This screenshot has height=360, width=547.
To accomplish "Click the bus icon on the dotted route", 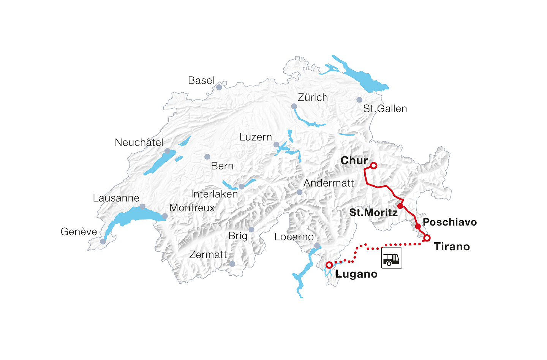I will [x=392, y=258].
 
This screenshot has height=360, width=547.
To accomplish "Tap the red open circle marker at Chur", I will [x=373, y=166].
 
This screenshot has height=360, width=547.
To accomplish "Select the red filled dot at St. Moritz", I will [x=400, y=206].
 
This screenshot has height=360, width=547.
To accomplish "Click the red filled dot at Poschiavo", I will [x=418, y=226].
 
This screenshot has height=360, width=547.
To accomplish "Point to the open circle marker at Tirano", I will [x=427, y=238].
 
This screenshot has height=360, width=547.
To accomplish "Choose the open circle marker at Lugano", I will [x=329, y=265].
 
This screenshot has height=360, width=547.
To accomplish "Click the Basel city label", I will [x=201, y=81].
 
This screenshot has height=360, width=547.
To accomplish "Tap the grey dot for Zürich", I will [x=294, y=106].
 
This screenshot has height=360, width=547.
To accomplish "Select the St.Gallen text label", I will [x=385, y=109].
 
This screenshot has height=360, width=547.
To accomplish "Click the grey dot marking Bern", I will [x=207, y=156].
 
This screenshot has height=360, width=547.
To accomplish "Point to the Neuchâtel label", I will [x=139, y=142].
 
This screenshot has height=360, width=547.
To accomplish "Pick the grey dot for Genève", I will [x=103, y=242].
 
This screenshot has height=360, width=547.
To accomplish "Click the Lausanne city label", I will [x=116, y=198].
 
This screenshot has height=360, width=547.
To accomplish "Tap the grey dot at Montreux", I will [x=165, y=216].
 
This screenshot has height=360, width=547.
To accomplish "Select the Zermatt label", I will [x=208, y=255].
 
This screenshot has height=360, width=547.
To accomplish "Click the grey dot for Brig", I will [x=251, y=229].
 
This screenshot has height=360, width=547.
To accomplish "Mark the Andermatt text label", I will [x=329, y=183].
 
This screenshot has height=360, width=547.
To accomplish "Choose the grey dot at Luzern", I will [x=277, y=144].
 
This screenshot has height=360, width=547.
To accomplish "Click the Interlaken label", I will [x=214, y=194].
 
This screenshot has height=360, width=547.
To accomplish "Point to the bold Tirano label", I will [x=452, y=247].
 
